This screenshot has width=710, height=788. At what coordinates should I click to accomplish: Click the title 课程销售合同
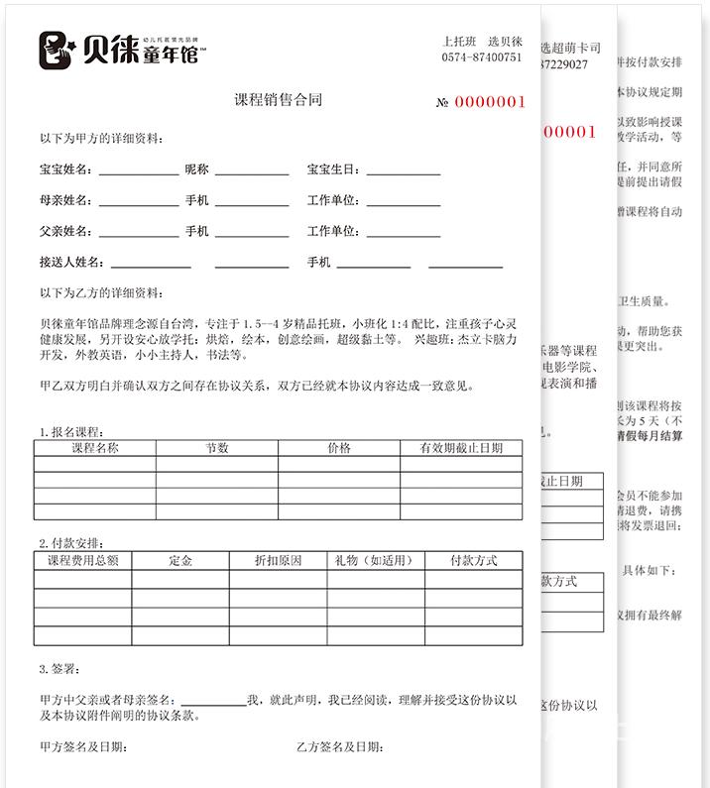pyautogui.click(x=278, y=100)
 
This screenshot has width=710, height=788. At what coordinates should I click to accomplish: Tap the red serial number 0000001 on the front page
pyautogui.click(x=490, y=102)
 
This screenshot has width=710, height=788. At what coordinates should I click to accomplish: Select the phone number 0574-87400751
pyautogui.click(x=482, y=57)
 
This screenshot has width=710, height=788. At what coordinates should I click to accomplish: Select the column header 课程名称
pyautogui.click(x=94, y=448)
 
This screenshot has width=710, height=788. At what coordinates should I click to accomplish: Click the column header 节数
pyautogui.click(x=217, y=448)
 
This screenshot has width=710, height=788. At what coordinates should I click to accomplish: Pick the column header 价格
pyautogui.click(x=339, y=448)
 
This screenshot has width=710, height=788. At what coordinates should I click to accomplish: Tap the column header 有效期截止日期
pyautogui.click(x=461, y=448)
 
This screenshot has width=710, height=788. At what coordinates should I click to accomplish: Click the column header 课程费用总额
pyautogui.click(x=83, y=560)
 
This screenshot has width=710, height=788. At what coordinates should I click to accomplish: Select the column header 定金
pyautogui.click(x=180, y=560)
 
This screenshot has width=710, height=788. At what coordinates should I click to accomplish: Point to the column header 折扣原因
pyautogui.click(x=279, y=560)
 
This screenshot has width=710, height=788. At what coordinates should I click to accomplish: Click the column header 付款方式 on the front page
pyautogui.click(x=474, y=560)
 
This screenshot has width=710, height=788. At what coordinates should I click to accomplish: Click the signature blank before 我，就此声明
pyautogui.click(x=213, y=701)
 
